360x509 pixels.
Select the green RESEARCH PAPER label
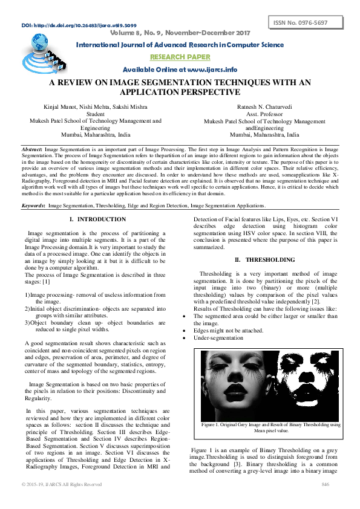click(180, 57)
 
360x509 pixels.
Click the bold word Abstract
click(31, 148)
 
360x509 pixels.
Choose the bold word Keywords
click(33, 206)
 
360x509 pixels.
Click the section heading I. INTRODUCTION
click(97, 219)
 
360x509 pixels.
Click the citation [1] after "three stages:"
click(45, 282)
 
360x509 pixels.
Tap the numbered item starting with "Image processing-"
click(96, 294)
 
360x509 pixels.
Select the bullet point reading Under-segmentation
click(218, 337)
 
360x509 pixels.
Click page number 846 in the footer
click(324, 484)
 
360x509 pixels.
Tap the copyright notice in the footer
click(62, 484)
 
